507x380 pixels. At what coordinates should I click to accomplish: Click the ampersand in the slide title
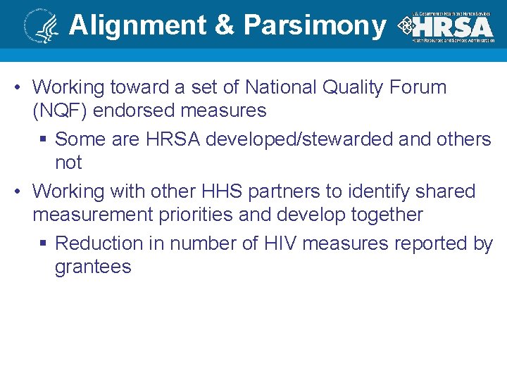224,25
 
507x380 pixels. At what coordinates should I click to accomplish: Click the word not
68,163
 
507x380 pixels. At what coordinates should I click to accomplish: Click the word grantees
93,267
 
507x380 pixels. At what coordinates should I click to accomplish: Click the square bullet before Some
43,140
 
